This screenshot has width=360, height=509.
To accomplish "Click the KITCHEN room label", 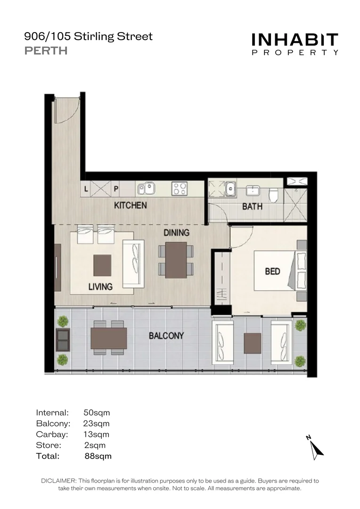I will click(x=131, y=205).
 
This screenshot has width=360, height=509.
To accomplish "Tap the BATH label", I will click(x=252, y=206).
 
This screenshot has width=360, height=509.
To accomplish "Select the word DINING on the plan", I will click(x=176, y=232).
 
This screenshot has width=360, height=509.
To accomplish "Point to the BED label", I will click(x=272, y=271).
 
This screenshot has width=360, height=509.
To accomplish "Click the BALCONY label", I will click(x=166, y=336).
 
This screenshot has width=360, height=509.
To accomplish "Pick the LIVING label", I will click(x=100, y=287).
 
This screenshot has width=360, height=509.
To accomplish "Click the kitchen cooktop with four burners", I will click(x=180, y=189).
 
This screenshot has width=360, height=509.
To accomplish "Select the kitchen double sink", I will click(x=146, y=189).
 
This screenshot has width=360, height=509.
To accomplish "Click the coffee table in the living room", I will click(x=102, y=265).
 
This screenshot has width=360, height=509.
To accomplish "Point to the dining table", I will click(x=176, y=260).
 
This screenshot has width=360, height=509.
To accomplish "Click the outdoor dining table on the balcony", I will click(x=109, y=338).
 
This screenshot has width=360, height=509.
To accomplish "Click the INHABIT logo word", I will click(x=295, y=40).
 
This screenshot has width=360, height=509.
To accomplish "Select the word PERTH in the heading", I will click(x=46, y=50).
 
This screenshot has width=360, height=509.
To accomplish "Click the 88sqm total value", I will click(x=98, y=456).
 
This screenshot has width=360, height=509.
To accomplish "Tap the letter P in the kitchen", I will click(x=116, y=189).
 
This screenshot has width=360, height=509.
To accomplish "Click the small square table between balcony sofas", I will click(x=253, y=343).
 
